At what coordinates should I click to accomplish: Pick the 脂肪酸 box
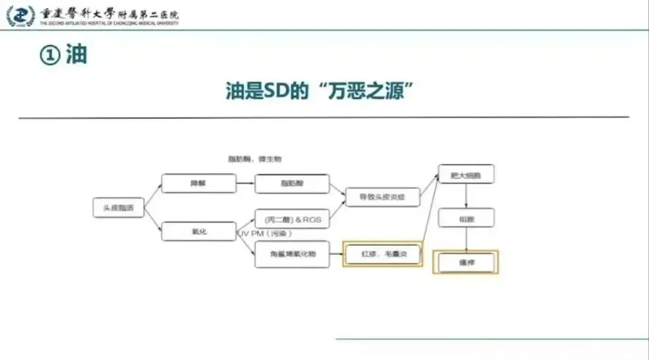[292, 184]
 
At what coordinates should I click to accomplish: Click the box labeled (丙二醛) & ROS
[292, 219]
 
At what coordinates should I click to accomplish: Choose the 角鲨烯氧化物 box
[292, 254]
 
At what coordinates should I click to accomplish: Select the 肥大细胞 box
[467, 175]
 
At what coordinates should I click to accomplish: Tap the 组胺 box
[467, 218]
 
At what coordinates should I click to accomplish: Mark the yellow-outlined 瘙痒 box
[467, 263]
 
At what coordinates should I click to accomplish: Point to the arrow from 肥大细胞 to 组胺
[467, 196]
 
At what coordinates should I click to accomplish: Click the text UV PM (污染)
[265, 234]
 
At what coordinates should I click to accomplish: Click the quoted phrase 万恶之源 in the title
[369, 90]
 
